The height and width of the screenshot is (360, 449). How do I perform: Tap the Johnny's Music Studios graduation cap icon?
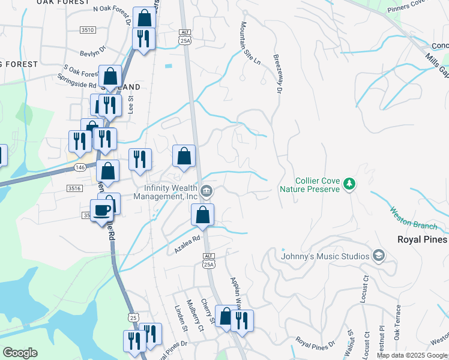pos(378,256)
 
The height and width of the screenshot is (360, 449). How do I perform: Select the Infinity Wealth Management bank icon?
pos(206,192)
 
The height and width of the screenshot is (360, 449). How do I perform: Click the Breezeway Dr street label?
pos(277,75)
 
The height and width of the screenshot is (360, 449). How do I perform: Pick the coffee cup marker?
pos(101,210)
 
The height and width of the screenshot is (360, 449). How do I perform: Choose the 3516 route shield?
pos(74,188)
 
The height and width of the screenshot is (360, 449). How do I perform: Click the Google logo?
pos(20,353)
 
